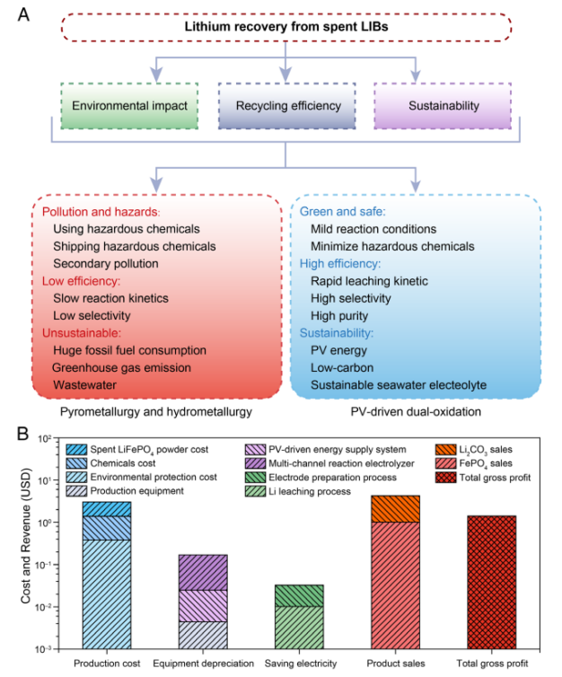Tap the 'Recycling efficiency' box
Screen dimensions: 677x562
click(287, 106)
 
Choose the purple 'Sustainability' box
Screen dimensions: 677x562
click(443, 106)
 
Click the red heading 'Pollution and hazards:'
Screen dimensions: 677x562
click(101, 212)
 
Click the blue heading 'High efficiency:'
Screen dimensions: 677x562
click(340, 263)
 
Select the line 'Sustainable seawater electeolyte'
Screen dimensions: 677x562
click(399, 385)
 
